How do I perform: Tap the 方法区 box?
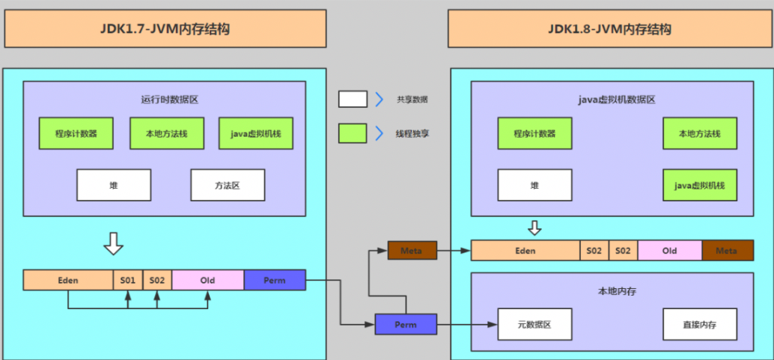tap(228, 185)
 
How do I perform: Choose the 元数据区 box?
tap(534, 325)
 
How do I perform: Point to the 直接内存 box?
tap(699, 325)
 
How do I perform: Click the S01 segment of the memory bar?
tap(127, 280)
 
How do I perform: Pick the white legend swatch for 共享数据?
tap(353, 99)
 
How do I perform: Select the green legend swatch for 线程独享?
tap(353, 133)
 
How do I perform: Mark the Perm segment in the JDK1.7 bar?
tap(275, 280)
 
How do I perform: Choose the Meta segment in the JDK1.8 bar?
tap(727, 251)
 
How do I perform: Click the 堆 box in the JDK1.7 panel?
tap(114, 185)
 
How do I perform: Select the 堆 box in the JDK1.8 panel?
tap(534, 185)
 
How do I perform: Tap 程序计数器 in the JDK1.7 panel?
tap(76, 133)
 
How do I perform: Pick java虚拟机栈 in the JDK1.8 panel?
tap(699, 185)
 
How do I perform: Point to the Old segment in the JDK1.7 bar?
tap(207, 280)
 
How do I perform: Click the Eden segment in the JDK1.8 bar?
tap(525, 251)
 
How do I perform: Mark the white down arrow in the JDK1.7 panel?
tap(113, 243)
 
